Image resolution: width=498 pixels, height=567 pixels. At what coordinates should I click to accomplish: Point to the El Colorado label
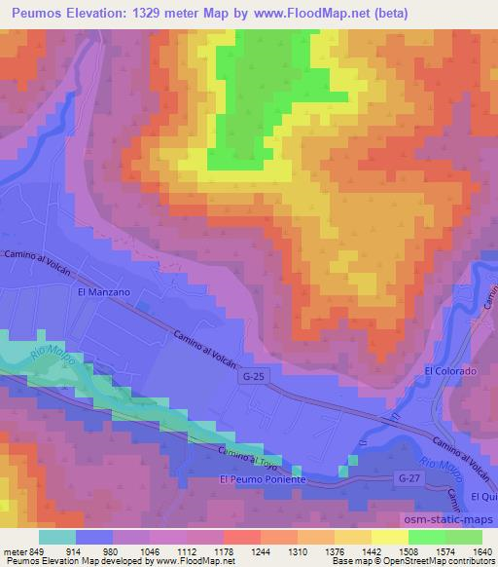pyautogui.click(x=450, y=372)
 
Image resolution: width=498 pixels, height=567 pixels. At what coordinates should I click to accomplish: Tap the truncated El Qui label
pyautogui.click(x=483, y=497)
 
